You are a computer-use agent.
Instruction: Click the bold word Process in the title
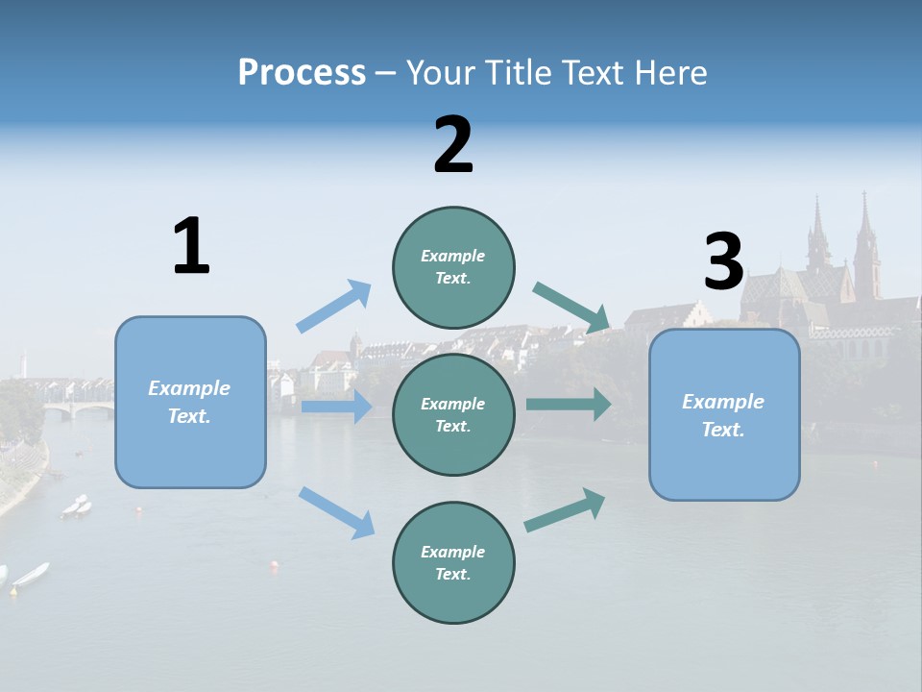tap(302, 72)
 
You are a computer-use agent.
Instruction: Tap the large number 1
tap(191, 247)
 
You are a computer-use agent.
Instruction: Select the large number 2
tap(453, 145)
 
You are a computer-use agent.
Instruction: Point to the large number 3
tap(723, 261)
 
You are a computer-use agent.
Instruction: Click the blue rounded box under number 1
tap(190, 402)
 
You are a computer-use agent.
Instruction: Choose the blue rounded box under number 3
tap(724, 414)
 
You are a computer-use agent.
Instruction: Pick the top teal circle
tap(453, 267)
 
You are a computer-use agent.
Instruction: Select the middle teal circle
tap(453, 414)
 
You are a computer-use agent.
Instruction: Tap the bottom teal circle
tap(453, 562)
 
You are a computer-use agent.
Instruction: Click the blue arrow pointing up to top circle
tap(333, 307)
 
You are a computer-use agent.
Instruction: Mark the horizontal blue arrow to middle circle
tap(336, 407)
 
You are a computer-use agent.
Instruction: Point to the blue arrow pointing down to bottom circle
tap(336, 511)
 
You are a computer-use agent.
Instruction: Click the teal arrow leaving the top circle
tap(572, 307)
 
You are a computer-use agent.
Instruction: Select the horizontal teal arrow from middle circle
tap(568, 404)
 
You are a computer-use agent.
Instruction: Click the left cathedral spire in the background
tap(818, 235)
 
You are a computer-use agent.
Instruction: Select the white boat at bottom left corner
tap(31, 574)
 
